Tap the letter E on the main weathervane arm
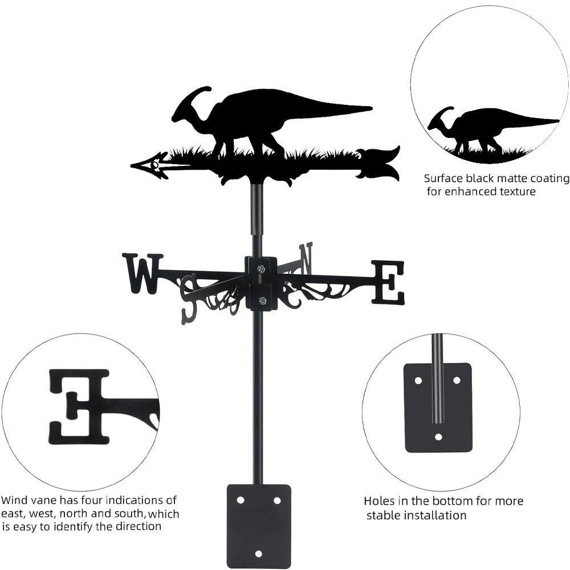click(x=388, y=282)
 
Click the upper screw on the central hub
click(x=261, y=269)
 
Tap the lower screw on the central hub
click(x=262, y=300)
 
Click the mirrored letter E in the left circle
click(x=79, y=406)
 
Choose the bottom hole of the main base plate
click(x=258, y=553)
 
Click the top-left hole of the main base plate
click(x=241, y=500)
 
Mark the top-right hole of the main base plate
click(x=277, y=500)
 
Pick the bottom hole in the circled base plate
click(x=438, y=437)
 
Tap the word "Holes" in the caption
click(x=380, y=502)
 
